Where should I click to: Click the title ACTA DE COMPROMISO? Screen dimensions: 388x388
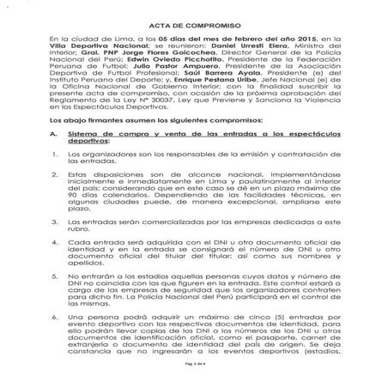[194, 27]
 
